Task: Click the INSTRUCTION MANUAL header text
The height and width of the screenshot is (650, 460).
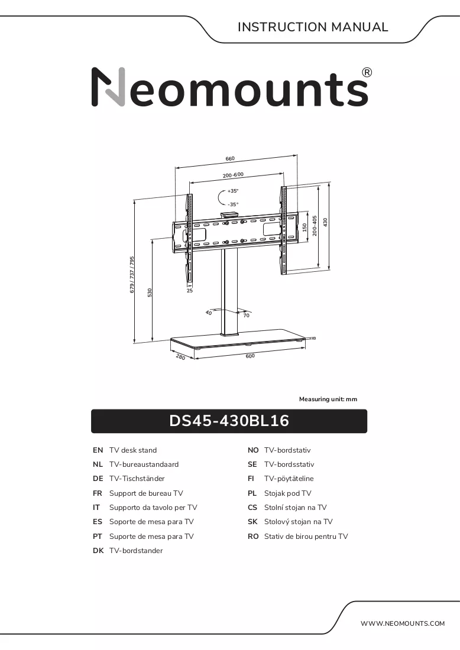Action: click(x=313, y=27)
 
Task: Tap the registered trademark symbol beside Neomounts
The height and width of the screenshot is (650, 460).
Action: click(x=367, y=73)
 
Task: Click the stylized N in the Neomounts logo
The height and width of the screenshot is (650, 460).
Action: click(x=108, y=87)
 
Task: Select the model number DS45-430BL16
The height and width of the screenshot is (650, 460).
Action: click(x=229, y=421)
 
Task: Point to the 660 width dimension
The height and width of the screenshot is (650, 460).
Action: click(x=230, y=158)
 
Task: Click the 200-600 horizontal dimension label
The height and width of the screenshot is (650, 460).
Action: click(x=233, y=175)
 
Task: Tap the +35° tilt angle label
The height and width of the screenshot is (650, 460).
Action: click(x=233, y=191)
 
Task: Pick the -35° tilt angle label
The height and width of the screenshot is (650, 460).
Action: click(x=233, y=204)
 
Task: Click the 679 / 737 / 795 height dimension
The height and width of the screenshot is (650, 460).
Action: click(x=132, y=274)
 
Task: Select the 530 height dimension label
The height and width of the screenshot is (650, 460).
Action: click(x=150, y=292)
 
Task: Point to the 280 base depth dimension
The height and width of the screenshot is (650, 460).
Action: click(x=180, y=356)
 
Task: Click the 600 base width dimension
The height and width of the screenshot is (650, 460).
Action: click(x=250, y=356)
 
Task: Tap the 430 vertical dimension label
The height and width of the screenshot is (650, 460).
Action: click(x=326, y=223)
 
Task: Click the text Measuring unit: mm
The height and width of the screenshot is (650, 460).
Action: click(x=328, y=399)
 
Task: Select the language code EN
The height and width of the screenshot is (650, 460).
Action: click(x=98, y=450)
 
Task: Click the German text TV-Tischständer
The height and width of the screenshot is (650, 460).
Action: click(x=137, y=479)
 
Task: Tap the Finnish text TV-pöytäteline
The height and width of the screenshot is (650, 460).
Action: click(x=289, y=479)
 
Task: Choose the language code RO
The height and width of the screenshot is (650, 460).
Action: click(x=253, y=537)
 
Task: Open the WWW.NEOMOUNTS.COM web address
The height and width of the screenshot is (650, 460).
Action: click(x=402, y=623)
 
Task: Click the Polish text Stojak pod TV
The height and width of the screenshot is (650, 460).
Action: click(x=287, y=493)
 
